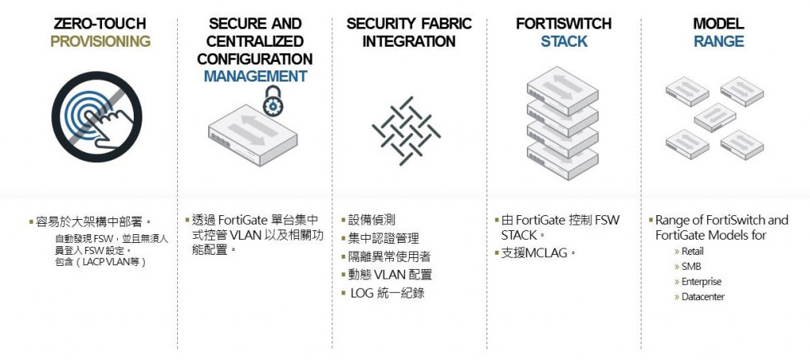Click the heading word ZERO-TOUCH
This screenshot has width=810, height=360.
click(x=100, y=24)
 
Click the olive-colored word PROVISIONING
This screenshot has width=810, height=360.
click(x=100, y=41)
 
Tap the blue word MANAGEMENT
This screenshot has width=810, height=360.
click(x=255, y=76)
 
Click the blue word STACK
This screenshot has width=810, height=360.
click(x=564, y=41)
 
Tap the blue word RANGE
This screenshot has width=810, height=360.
click(x=718, y=41)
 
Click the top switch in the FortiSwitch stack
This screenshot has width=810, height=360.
click(x=561, y=86)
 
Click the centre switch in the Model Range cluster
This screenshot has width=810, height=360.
click(x=714, y=118)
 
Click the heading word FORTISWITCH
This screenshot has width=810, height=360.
click(x=564, y=24)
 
